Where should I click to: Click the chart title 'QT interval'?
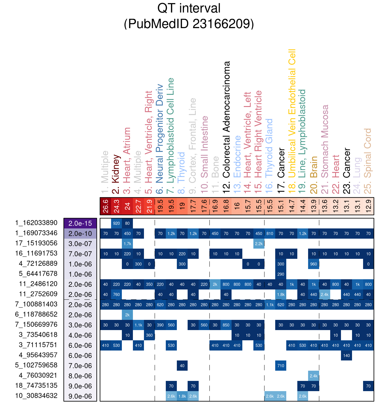(x=189, y=8)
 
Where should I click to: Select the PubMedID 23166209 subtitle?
(x=189, y=24)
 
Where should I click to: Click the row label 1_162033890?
(x=36, y=223)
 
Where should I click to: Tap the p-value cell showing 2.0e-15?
(x=80, y=223)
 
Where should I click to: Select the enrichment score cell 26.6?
(x=106, y=206)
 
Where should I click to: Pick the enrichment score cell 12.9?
(x=368, y=206)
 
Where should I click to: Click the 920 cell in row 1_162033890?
(x=116, y=223)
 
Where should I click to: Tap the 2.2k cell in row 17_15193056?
(x=259, y=244)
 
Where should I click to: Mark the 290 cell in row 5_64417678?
(x=281, y=274)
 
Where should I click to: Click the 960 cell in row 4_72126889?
(x=314, y=264)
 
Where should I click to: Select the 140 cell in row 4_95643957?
(x=347, y=355)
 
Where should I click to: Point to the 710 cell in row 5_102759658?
(x=281, y=366)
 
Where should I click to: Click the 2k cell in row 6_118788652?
(x=127, y=315)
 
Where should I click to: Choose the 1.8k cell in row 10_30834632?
(x=182, y=396)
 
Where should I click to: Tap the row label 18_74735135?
(x=36, y=386)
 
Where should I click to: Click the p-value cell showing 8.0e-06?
(x=80, y=376)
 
